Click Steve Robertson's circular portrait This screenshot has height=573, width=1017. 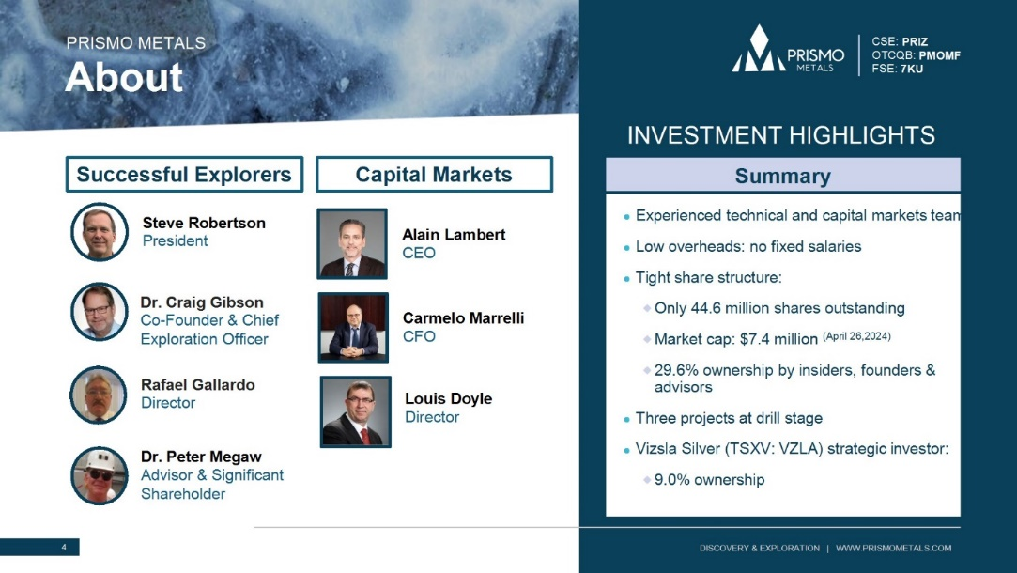click(x=100, y=232)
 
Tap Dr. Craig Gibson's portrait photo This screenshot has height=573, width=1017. click(x=100, y=312)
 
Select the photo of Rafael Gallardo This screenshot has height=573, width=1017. click(x=99, y=395)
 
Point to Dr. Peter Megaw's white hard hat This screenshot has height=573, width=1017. click(x=100, y=459)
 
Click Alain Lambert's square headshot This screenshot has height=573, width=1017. click(x=352, y=243)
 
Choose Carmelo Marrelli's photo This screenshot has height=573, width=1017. click(x=353, y=327)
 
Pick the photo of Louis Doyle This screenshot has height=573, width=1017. click(x=355, y=411)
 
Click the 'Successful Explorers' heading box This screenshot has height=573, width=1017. click(x=184, y=174)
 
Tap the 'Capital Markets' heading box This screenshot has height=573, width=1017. click(x=434, y=174)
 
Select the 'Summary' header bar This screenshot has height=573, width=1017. click(x=783, y=176)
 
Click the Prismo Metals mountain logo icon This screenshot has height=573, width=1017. click(x=759, y=49)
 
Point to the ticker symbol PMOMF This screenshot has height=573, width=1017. click(x=940, y=55)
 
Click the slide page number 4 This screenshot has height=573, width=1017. click(x=64, y=547)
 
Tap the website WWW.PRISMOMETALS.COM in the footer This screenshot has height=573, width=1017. click(x=894, y=549)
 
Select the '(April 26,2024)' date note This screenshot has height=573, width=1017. click(x=856, y=336)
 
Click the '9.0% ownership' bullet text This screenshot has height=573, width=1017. click(x=710, y=480)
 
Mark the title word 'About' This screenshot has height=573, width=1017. click(x=124, y=77)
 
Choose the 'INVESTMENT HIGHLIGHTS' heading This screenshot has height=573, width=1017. click(x=781, y=135)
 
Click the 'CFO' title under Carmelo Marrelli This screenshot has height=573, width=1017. click(x=419, y=336)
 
